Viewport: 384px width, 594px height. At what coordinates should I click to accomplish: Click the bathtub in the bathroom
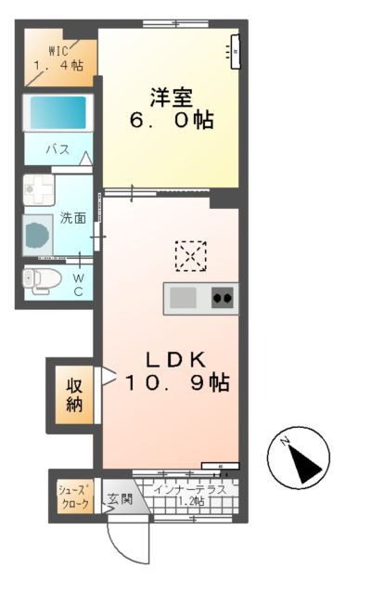(58, 113)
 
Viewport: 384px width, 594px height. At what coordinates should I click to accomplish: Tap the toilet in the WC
(43, 278)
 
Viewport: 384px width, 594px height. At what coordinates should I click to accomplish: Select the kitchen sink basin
(183, 298)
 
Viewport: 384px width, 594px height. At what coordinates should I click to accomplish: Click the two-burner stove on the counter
(223, 298)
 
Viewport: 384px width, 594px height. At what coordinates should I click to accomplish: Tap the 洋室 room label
(172, 96)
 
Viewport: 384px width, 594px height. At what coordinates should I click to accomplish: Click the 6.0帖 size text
(172, 120)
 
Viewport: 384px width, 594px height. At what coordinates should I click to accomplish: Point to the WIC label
(46, 52)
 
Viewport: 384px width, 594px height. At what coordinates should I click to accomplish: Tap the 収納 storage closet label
(74, 392)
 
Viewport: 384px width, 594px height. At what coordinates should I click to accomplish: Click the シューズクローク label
(74, 497)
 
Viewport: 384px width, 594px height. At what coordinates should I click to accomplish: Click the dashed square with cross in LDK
(191, 254)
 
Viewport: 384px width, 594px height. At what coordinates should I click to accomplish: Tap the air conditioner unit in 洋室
(234, 50)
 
